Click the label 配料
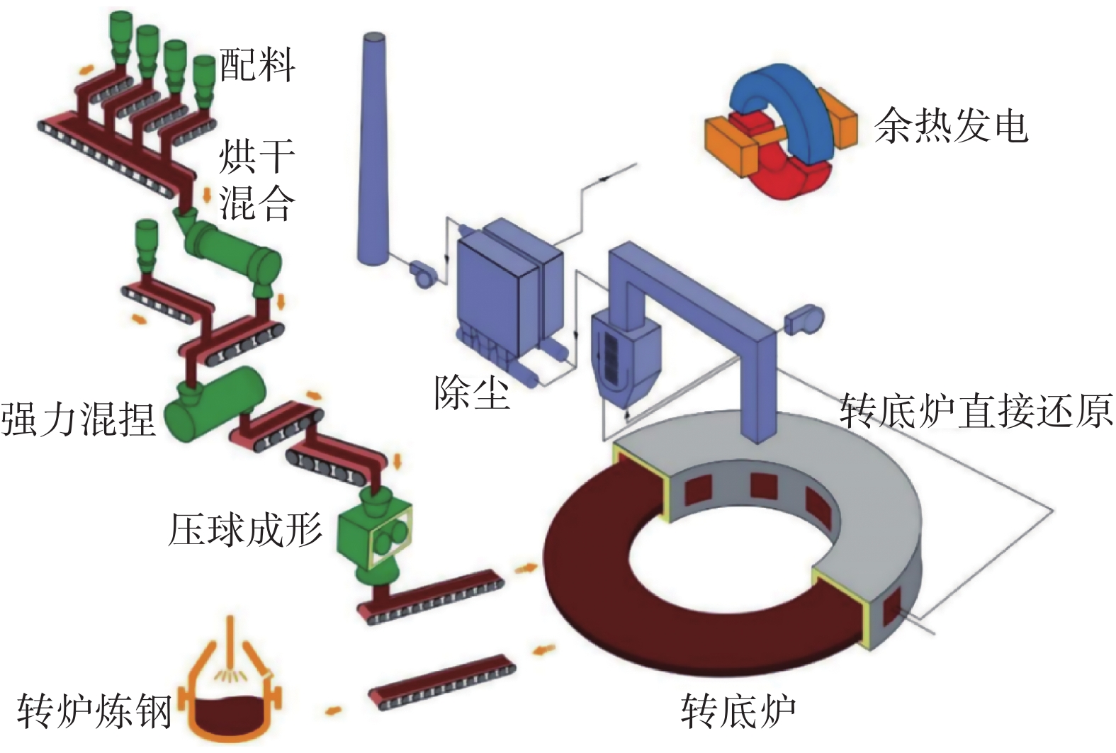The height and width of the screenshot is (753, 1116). point(257,65)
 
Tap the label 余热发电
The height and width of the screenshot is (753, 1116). point(951,126)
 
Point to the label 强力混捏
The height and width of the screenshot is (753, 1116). point(78,419)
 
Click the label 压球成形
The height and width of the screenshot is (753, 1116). point(245,528)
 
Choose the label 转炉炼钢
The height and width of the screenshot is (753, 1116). point(94,710)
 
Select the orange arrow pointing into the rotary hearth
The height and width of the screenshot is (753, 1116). point(525,568)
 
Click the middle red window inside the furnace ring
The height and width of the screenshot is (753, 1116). point(764,486)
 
